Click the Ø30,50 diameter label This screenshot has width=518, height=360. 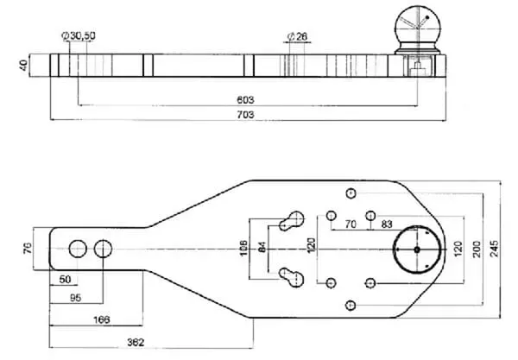pyautogui.click(x=79, y=37)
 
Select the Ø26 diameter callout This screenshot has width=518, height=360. pyautogui.click(x=297, y=37)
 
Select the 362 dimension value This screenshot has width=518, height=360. pyautogui.click(x=135, y=343)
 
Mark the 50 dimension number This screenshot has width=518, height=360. pyautogui.click(x=66, y=280)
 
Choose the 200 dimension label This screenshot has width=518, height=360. pyautogui.click(x=476, y=249)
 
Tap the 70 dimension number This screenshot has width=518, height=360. pyautogui.click(x=351, y=224)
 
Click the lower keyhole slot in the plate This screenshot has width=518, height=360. pyautogui.click(x=291, y=278)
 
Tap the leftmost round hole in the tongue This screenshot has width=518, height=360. pyautogui.click(x=77, y=249)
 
